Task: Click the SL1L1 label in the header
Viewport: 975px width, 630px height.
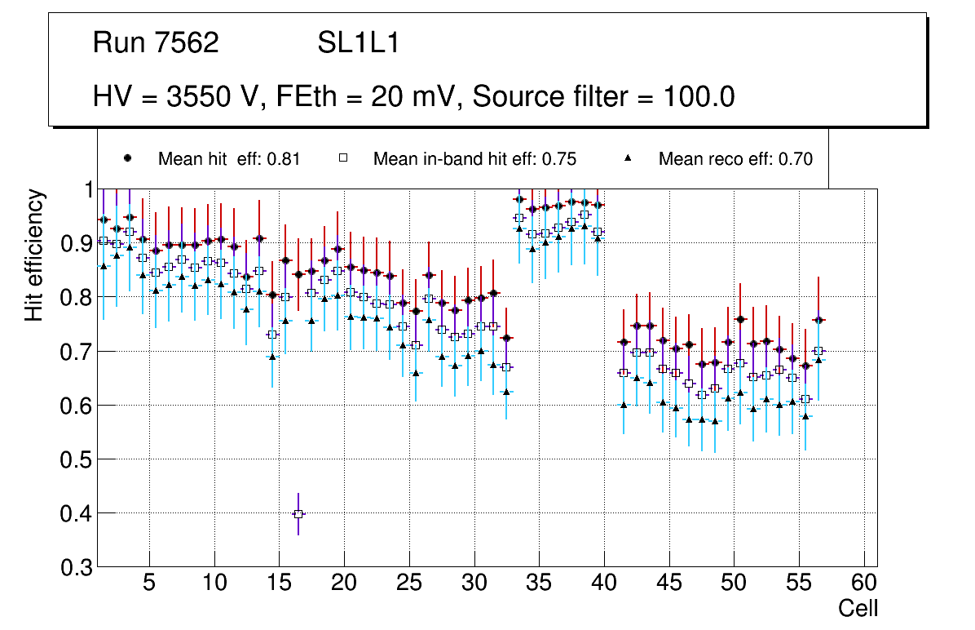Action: click(x=359, y=43)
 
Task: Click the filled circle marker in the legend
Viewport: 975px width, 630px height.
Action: click(x=127, y=158)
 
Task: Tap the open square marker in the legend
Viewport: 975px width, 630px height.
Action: click(x=343, y=158)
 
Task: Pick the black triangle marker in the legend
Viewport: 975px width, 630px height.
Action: click(x=629, y=158)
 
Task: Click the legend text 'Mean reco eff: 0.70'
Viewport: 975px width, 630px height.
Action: click(x=735, y=159)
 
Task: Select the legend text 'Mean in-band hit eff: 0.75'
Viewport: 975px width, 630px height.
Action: click(x=474, y=159)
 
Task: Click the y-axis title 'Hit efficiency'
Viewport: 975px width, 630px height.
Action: click(x=34, y=255)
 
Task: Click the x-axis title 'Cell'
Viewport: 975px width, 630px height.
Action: click(x=858, y=608)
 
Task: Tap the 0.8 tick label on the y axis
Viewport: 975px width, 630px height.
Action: click(x=77, y=297)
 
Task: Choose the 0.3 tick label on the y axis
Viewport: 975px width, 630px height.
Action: click(x=77, y=567)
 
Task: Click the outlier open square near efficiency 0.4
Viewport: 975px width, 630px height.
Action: click(x=298, y=514)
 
